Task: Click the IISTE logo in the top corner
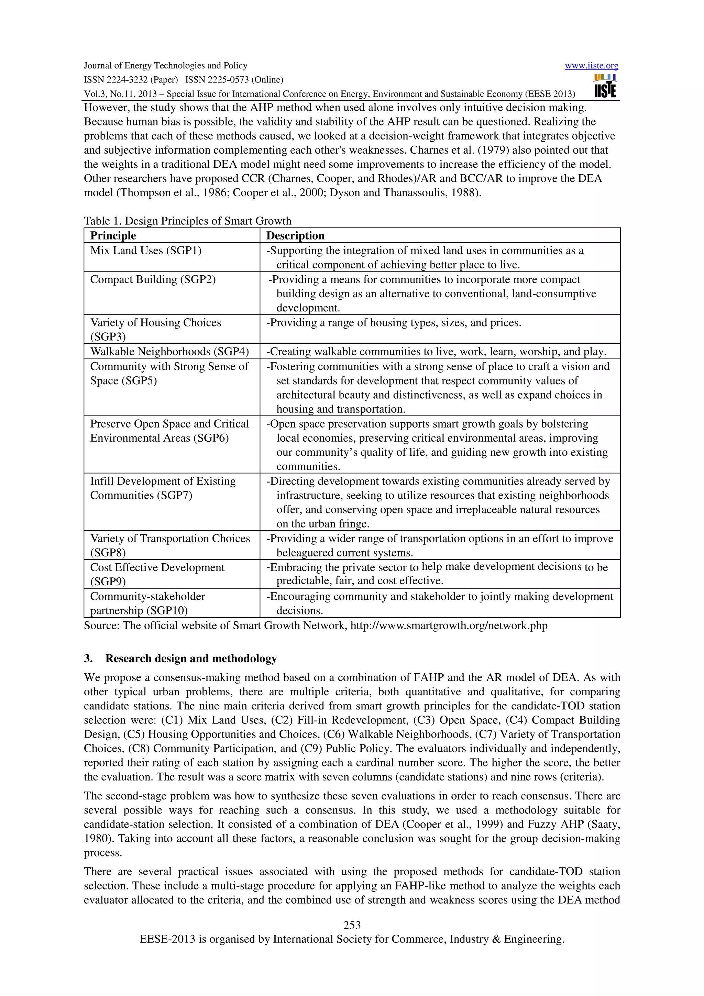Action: [605, 86]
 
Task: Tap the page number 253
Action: [352, 925]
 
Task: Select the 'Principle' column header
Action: [113, 235]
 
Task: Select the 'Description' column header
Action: [295, 235]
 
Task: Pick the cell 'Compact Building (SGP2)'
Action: [153, 279]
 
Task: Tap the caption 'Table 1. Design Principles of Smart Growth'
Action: [187, 221]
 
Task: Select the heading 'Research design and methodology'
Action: [191, 659]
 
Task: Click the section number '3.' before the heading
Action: [88, 659]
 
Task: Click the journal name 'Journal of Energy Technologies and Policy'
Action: [165, 66]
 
